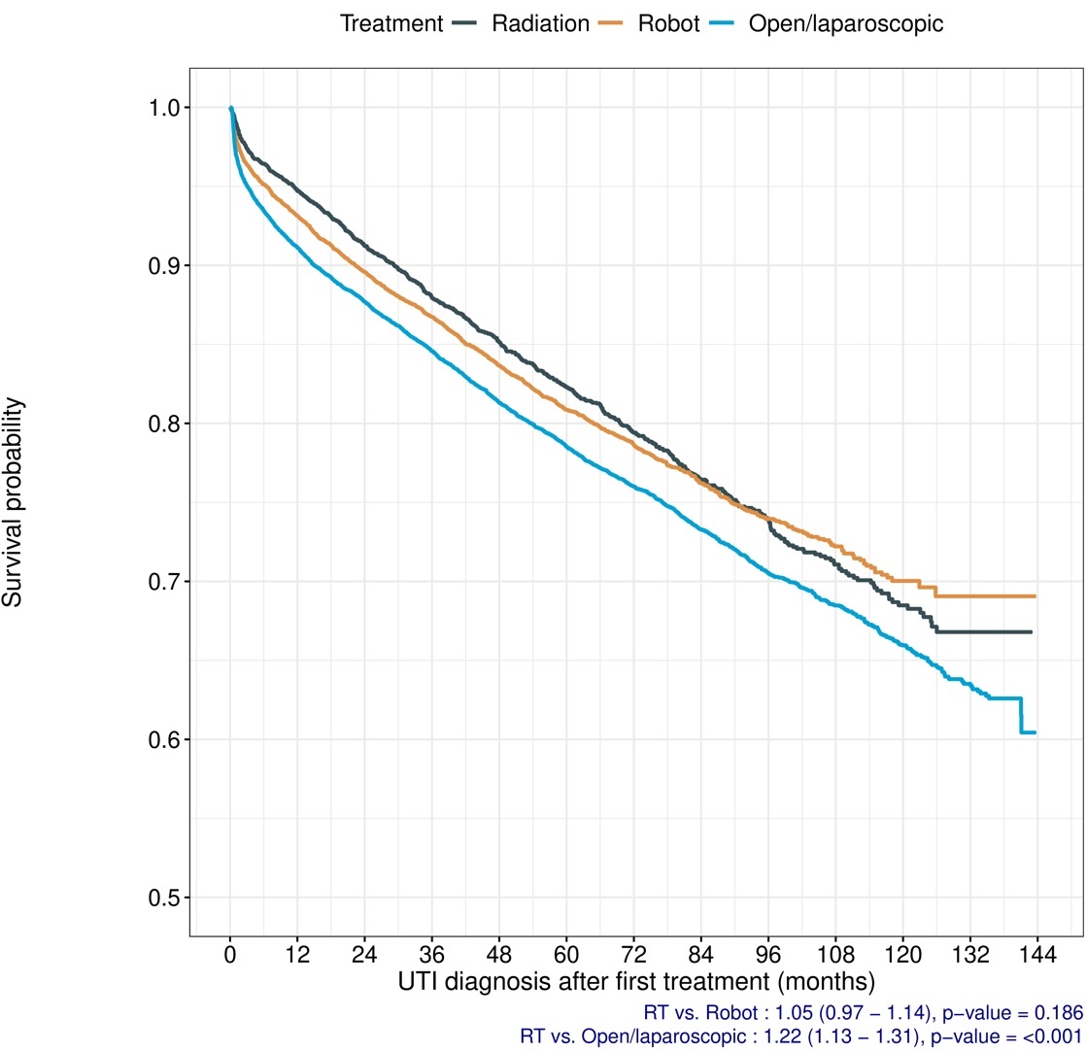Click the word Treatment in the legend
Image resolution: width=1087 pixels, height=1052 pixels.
(x=391, y=23)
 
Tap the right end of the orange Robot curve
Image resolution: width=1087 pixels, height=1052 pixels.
(x=1036, y=595)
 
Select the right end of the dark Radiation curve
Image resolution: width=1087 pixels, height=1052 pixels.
(x=1031, y=632)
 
